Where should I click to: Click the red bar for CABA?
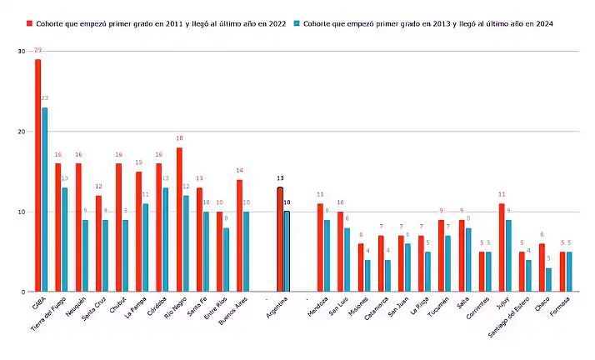37,175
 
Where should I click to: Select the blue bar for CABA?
45,200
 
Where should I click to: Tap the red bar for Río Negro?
179,220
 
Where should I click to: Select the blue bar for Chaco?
548,280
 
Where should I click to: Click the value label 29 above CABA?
37,52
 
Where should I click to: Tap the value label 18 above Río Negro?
179,139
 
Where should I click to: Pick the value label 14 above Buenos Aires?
239,172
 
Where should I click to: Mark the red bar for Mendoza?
320,247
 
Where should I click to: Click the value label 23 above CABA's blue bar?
45,98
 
